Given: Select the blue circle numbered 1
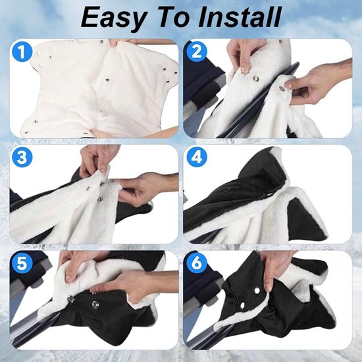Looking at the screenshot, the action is [22, 52].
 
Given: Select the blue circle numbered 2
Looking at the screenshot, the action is [196, 52].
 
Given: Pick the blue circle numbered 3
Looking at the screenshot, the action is [22, 158].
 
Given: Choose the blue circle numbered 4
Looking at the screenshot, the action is [197, 158].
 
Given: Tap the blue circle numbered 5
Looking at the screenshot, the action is [22, 263].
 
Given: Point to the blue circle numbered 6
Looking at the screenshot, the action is [197, 263].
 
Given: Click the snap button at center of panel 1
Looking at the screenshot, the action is [107, 80].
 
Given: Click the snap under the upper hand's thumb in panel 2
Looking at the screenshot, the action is [256, 79].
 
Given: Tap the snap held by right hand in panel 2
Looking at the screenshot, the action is [282, 88].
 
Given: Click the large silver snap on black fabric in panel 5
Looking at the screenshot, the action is [95, 304].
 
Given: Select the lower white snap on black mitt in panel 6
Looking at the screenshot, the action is [242, 305].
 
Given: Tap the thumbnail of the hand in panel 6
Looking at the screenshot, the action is [269, 288].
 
